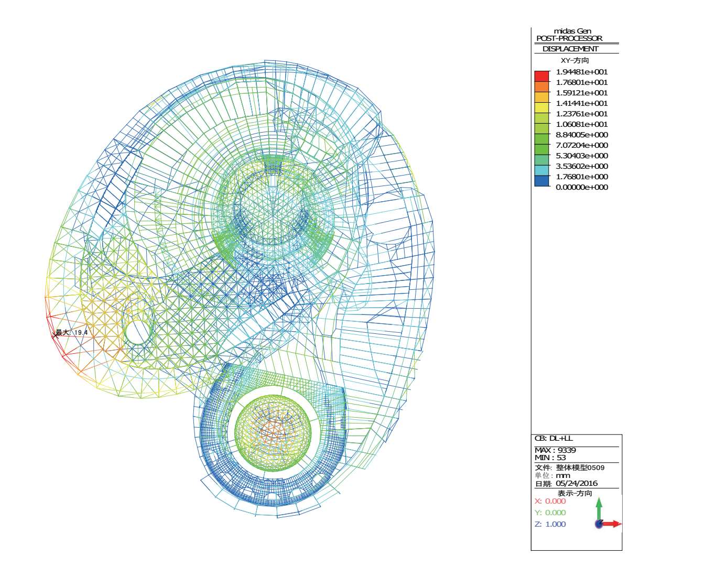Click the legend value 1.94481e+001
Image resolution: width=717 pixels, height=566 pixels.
pos(582,72)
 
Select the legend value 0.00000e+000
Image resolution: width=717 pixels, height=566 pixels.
pos(582,187)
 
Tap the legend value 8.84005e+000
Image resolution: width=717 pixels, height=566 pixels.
pos(582,135)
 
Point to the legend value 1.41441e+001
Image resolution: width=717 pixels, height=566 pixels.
pos(582,103)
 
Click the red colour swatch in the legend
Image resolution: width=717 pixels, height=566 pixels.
pos(541,77)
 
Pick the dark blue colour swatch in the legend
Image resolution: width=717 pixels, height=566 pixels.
pos(541,181)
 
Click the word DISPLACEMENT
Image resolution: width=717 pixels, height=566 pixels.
pos(570,49)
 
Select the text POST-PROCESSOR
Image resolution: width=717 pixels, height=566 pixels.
pos(569,38)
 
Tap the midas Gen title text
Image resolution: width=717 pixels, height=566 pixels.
pos(572,31)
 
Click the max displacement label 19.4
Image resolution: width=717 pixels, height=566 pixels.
pos(81,332)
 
